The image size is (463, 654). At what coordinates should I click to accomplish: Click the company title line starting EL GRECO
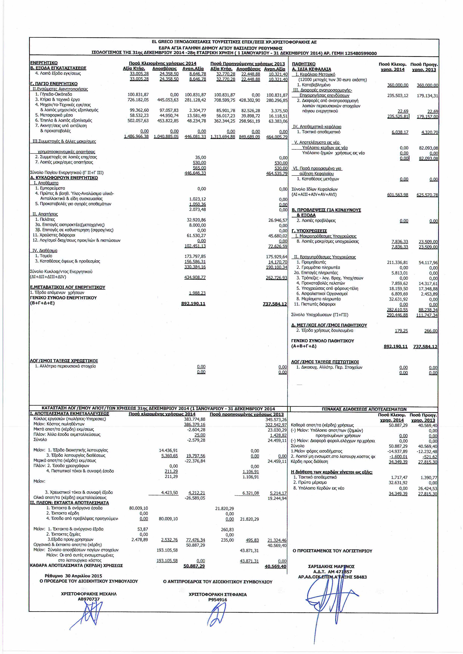point(234,42)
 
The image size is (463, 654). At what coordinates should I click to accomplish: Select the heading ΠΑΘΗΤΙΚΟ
point(304,64)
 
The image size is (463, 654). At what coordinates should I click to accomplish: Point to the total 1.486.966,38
point(136,137)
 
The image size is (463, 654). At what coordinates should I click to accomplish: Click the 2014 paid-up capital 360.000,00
point(397,85)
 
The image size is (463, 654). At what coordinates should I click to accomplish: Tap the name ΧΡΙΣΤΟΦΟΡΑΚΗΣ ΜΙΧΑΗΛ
point(89,594)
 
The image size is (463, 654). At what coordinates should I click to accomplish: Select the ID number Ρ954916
point(217,600)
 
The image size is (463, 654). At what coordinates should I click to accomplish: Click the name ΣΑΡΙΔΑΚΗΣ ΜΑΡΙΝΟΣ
point(331,567)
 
